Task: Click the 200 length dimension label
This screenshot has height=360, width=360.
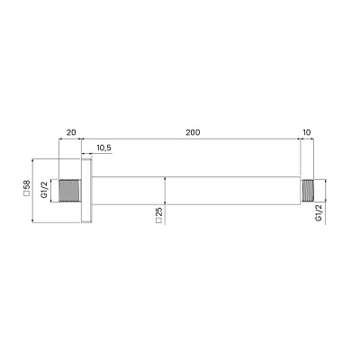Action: pos(192,131)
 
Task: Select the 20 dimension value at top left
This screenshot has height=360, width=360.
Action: pos(69,131)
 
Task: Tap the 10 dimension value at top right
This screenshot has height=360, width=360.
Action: pos(309,131)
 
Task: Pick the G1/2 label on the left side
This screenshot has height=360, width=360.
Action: pos(48,191)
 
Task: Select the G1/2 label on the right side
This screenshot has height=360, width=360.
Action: pos(319,214)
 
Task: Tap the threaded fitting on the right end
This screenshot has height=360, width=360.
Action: pos(309,191)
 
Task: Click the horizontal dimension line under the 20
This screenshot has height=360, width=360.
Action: pos(69,139)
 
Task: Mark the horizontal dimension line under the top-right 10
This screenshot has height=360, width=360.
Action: pos(309,139)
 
